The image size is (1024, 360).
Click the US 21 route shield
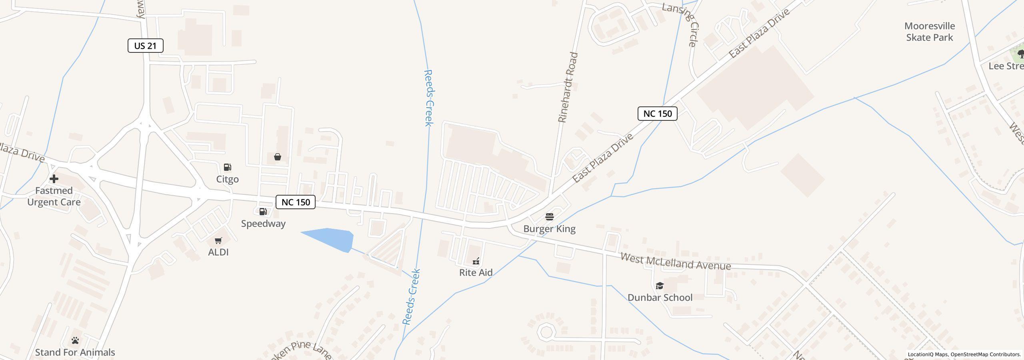pyautogui.click(x=145, y=46)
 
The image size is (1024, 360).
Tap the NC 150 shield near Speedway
pyautogui.click(x=296, y=202)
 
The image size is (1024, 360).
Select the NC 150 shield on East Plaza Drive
pyautogui.click(x=657, y=114)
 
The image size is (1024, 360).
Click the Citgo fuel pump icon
pyautogui.click(x=227, y=167)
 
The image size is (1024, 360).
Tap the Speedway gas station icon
pyautogui.click(x=263, y=212)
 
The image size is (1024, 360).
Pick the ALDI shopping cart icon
pyautogui.click(x=218, y=240)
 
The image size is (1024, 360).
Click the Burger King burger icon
pyautogui.click(x=550, y=217)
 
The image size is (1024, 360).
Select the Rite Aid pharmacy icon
pyautogui.click(x=476, y=261)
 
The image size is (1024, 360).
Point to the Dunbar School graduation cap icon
pyautogui.click(x=660, y=286)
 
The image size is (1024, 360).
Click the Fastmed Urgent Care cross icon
pyautogui.click(x=54, y=179)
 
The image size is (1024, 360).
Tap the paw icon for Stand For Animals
pyautogui.click(x=75, y=340)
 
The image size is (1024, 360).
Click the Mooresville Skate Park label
pyautogui.click(x=930, y=32)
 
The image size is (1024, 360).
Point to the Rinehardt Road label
pyautogui.click(x=568, y=87)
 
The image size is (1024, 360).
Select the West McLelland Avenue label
pyautogui.click(x=676, y=261)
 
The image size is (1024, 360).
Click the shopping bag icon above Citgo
pyautogui.click(x=277, y=157)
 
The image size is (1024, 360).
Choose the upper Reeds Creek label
pyautogui.click(x=428, y=98)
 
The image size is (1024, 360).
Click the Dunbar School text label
pyautogui.click(x=660, y=298)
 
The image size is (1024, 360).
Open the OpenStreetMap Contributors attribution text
pyautogui.click(x=985, y=354)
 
